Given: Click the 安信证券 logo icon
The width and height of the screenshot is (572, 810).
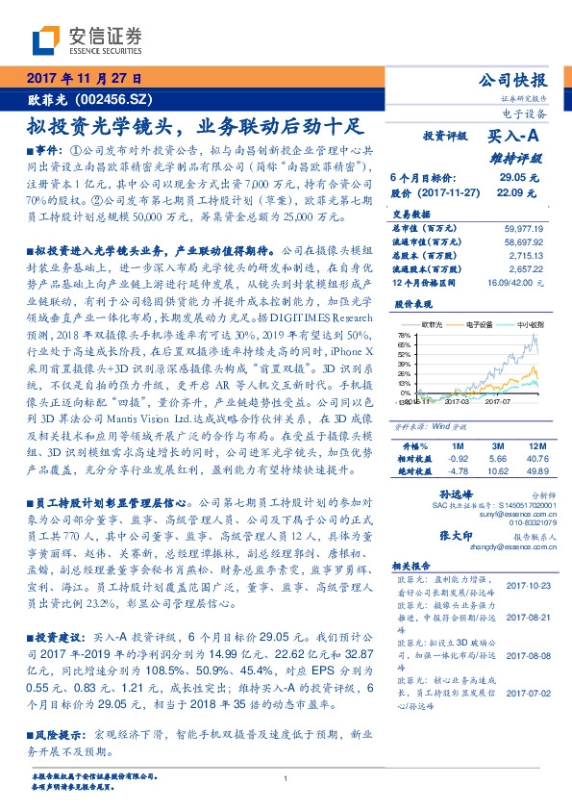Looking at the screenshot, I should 46,39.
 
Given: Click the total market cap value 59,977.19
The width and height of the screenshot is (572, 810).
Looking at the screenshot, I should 523,228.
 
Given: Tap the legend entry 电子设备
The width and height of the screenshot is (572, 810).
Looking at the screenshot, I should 477,324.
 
